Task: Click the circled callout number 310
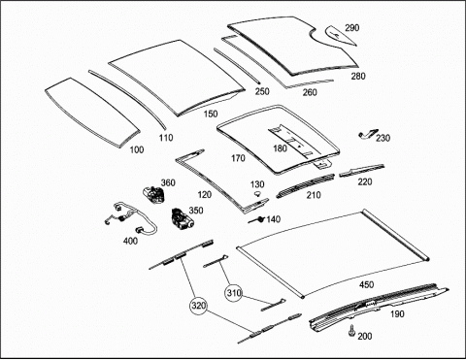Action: (x=234, y=293)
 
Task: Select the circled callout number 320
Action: (x=198, y=306)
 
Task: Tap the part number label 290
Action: (x=351, y=28)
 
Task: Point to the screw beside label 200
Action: (x=351, y=331)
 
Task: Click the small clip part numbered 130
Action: (x=258, y=194)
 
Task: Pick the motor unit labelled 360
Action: (x=154, y=195)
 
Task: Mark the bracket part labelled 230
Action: (x=368, y=134)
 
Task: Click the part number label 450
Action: (x=366, y=284)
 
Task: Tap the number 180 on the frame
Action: (x=280, y=148)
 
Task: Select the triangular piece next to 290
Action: (x=339, y=35)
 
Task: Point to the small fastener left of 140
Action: (x=256, y=219)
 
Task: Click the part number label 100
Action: (x=137, y=149)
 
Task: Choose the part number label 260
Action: (x=310, y=92)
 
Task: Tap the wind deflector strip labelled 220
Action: (x=362, y=170)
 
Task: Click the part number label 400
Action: (x=130, y=241)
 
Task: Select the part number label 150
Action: (x=211, y=114)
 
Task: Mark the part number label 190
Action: (x=397, y=313)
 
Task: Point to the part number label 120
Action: (x=205, y=195)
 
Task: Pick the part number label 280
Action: (x=358, y=77)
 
